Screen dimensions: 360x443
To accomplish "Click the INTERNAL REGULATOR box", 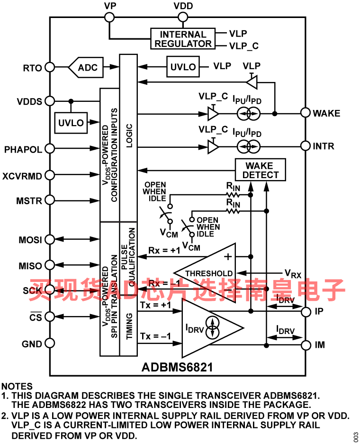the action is [x=183, y=39].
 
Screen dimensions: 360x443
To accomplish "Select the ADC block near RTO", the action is [x=86, y=67].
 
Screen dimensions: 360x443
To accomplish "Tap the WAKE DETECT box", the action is [x=261, y=170].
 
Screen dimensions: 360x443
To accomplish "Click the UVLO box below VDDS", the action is [x=71, y=123].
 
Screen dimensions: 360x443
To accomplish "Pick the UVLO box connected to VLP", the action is [x=183, y=67].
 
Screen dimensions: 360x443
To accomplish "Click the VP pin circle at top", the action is [x=109, y=17].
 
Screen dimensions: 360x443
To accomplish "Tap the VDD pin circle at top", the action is [x=183, y=17].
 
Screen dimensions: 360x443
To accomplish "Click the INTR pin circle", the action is [x=305, y=146].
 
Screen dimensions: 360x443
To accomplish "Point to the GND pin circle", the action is [x=50, y=344].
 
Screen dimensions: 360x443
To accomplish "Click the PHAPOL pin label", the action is [x=23, y=149].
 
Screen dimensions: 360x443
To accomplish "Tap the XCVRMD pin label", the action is [x=22, y=176].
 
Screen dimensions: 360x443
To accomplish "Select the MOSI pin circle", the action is [x=50, y=239].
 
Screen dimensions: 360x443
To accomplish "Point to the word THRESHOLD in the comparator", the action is [x=209, y=273].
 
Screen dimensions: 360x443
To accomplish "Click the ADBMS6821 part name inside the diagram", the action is [x=177, y=367].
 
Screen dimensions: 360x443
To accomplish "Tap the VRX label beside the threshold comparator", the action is [x=293, y=273].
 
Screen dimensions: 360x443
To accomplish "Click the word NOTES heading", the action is [x=17, y=386].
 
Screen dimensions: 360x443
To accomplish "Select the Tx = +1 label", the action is [x=155, y=306].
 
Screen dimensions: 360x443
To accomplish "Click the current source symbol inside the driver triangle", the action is [x=212, y=328].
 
